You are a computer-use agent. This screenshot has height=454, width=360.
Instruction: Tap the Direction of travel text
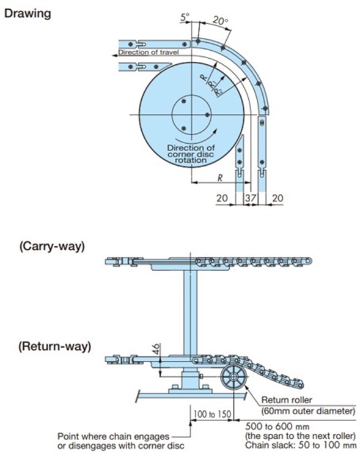(148, 53)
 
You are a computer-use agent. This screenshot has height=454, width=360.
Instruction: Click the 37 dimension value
(249, 198)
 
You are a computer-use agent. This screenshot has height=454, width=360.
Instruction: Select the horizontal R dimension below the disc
(218, 177)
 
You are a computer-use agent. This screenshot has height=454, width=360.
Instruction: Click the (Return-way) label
(54, 346)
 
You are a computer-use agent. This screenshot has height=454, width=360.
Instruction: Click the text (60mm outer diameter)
(309, 411)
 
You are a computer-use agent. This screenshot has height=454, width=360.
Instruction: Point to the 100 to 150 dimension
(210, 415)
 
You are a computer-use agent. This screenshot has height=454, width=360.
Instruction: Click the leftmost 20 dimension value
(221, 198)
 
